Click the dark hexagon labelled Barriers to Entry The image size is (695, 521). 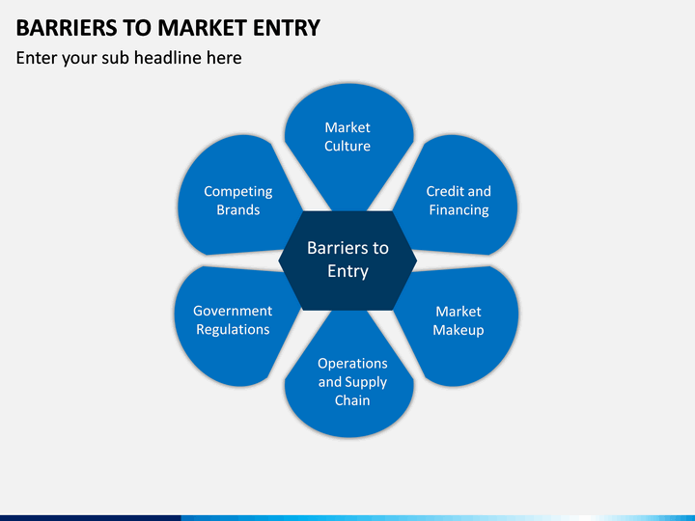click(x=347, y=260)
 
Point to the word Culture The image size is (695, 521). click(x=347, y=146)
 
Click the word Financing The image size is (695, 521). click(x=459, y=209)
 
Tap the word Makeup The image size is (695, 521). click(x=459, y=330)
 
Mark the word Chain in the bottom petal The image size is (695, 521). click(x=352, y=400)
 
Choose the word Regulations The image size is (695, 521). click(x=233, y=329)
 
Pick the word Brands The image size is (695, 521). click(x=238, y=209)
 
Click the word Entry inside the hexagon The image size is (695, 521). click(x=347, y=271)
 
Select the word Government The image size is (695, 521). click(x=233, y=311)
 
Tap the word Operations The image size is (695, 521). click(x=352, y=363)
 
